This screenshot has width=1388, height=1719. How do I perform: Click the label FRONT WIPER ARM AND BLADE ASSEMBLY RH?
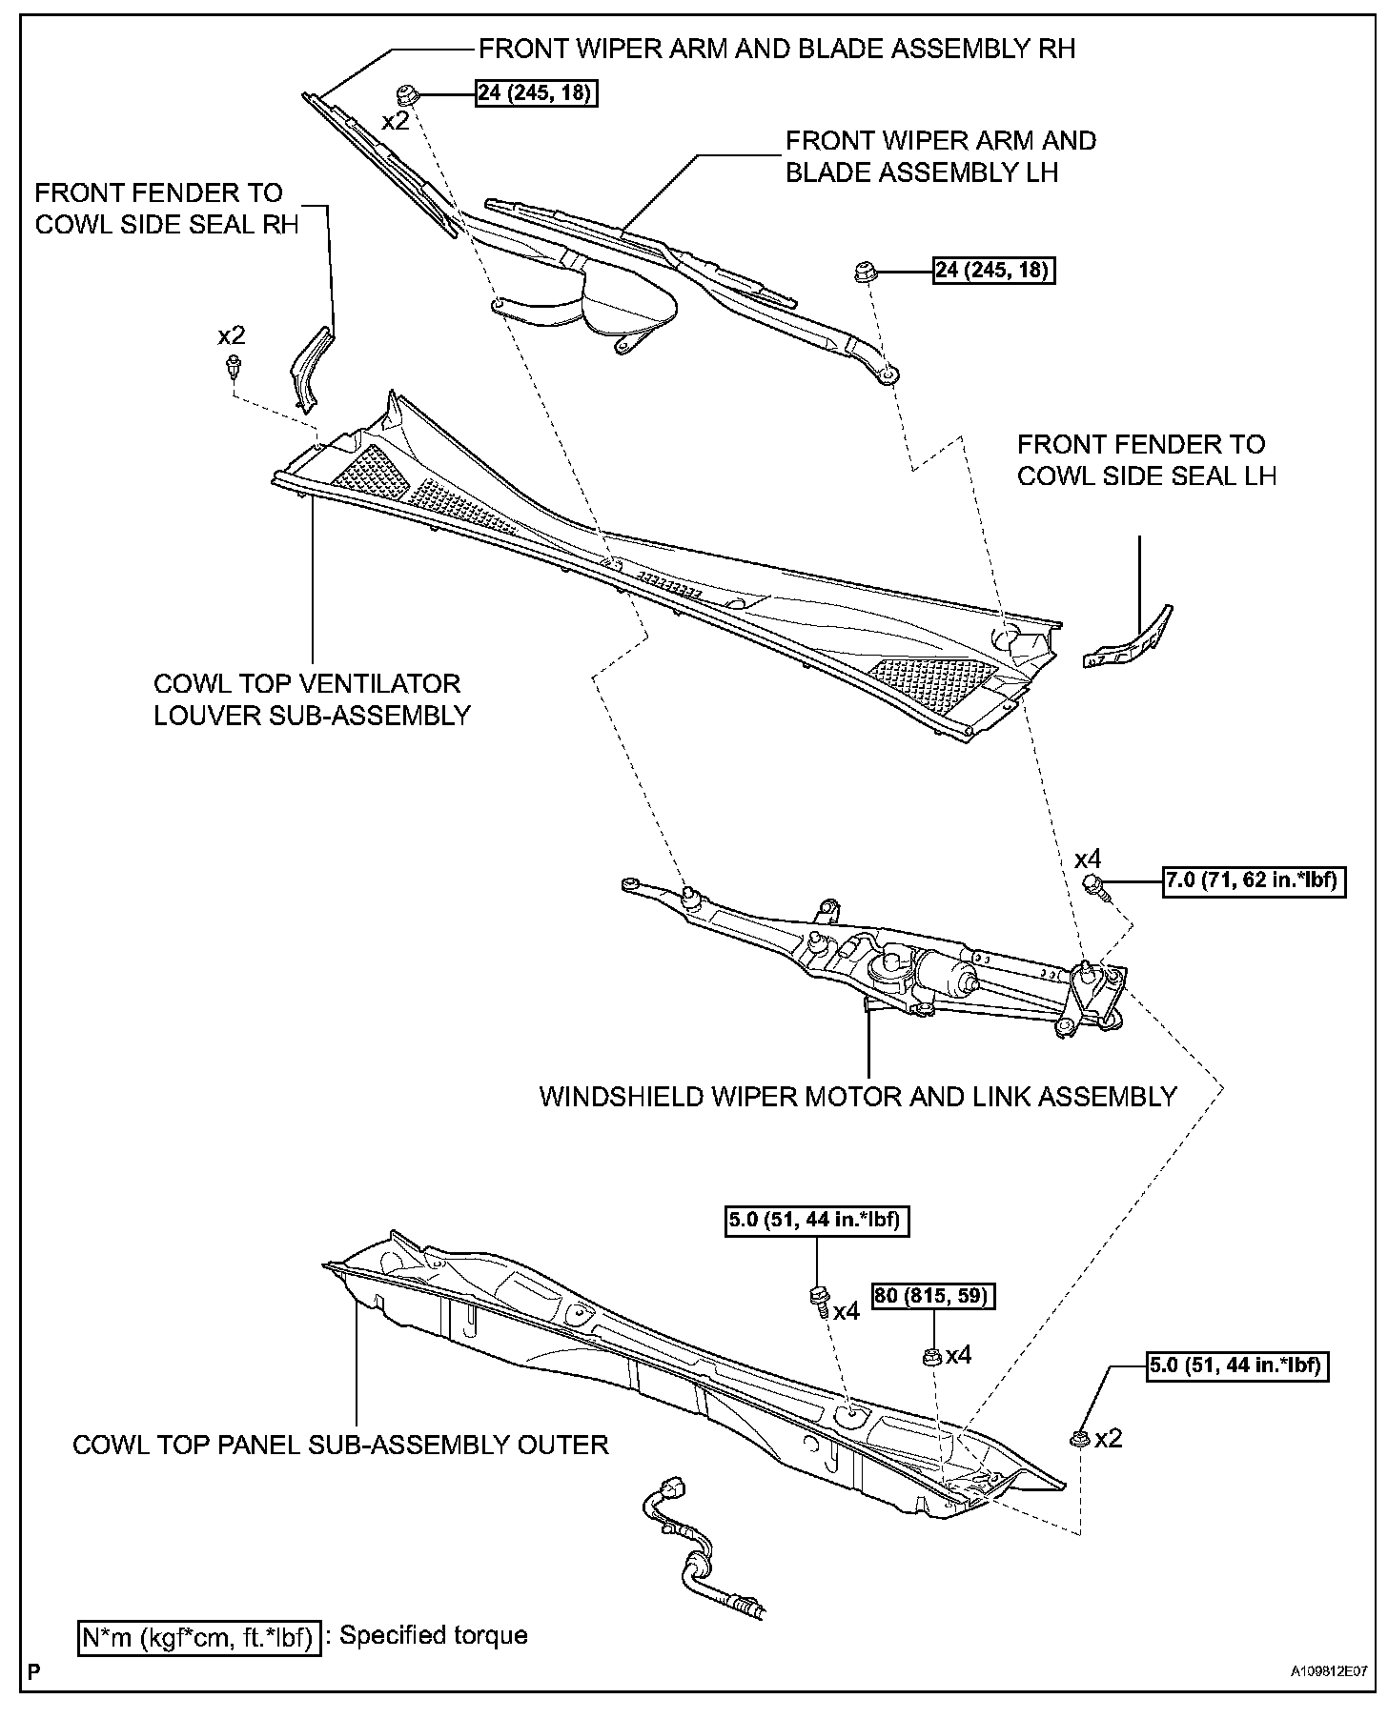776,49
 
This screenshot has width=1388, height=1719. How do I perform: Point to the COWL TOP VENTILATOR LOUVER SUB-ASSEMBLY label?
312,699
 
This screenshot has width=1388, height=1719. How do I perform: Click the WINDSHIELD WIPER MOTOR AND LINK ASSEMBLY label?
858,1096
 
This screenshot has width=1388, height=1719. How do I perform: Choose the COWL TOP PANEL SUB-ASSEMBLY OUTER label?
340,1445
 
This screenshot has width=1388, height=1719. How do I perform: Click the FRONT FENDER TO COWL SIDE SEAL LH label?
1146,459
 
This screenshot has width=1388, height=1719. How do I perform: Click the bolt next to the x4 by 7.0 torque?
1100,887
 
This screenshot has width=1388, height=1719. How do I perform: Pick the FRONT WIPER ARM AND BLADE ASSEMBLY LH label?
940,156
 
